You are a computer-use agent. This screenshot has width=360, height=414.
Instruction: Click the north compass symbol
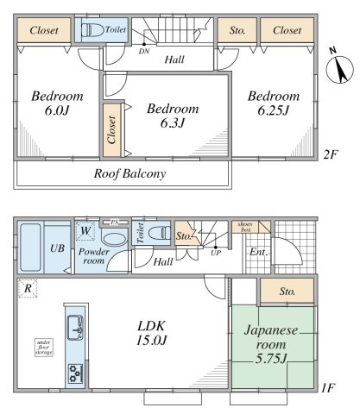339,69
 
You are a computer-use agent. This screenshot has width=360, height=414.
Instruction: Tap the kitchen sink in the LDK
75,328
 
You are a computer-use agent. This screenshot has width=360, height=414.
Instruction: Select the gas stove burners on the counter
75,373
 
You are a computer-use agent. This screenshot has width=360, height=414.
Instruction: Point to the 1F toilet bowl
158,232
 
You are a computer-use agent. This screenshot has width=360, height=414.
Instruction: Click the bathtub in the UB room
30,248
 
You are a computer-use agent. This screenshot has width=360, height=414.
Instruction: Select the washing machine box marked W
85,230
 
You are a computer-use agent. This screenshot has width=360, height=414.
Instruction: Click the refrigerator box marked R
28,288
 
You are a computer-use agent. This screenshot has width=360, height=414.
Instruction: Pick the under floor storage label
44,348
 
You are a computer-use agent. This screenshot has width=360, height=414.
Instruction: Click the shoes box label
245,227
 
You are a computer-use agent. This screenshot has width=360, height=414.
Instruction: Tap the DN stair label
143,52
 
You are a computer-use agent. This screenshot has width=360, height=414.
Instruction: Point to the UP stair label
216,254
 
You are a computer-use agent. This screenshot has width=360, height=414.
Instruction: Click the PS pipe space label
115,223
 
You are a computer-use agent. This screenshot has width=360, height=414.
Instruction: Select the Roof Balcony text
129,174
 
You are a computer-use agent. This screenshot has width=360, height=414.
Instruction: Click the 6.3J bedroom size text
173,123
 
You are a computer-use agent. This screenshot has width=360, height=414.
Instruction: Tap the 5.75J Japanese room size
271,359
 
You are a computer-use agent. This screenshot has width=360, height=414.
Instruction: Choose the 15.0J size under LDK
151,341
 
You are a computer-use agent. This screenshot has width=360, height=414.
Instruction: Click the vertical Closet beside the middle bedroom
111,130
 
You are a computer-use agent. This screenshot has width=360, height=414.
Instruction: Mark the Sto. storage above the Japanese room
287,292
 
